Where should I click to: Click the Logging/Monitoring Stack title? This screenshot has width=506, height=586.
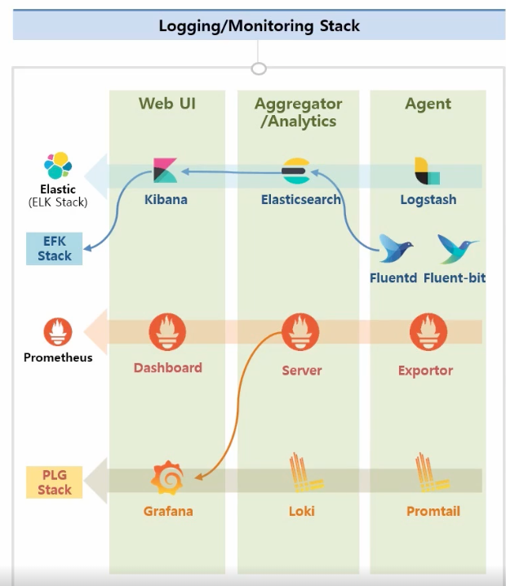(x=259, y=25)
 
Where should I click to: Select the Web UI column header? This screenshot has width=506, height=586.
(x=166, y=104)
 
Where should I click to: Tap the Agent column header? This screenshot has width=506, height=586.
(x=428, y=104)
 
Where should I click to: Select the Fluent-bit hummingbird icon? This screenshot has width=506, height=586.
(x=457, y=248)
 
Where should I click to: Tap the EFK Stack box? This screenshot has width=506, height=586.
(x=55, y=248)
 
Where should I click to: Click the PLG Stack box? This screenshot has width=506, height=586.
(x=55, y=482)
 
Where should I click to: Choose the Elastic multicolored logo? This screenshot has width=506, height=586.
(x=58, y=166)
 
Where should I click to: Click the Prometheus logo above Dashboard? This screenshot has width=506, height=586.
(x=167, y=331)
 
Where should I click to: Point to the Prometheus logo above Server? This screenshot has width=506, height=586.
(x=300, y=331)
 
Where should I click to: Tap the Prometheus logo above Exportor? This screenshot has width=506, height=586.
(x=428, y=331)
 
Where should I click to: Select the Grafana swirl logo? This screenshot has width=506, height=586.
(x=168, y=479)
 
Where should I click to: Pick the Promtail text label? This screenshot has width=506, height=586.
(x=433, y=512)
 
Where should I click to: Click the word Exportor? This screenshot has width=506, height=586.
(x=425, y=371)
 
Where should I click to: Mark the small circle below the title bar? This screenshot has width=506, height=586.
(x=259, y=69)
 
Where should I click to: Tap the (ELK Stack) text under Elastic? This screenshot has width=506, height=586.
(x=57, y=202)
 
